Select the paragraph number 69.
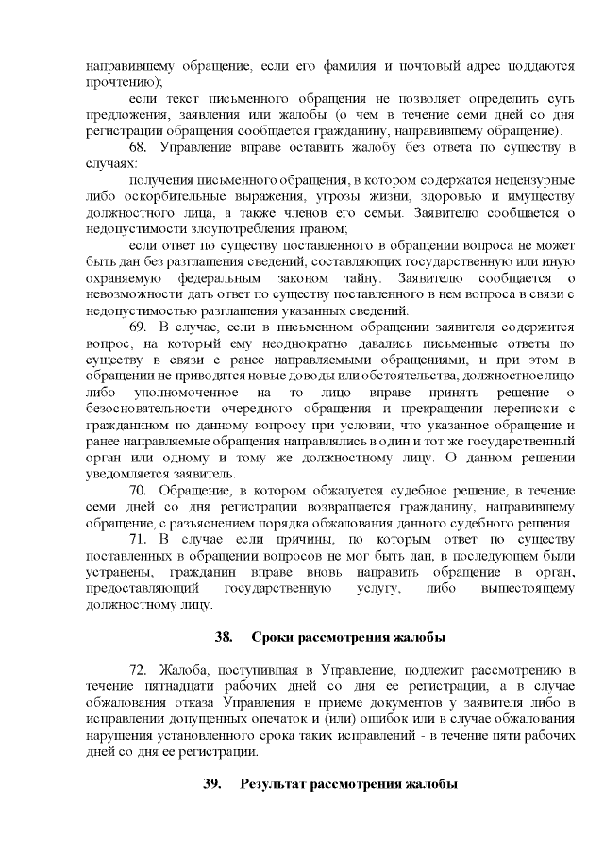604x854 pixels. [139, 327]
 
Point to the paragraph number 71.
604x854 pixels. [139, 539]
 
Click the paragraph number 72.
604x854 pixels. [139, 670]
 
